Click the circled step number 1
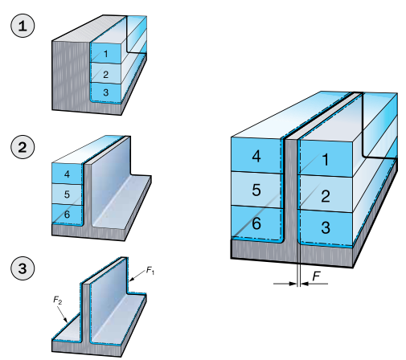[23, 26]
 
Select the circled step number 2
[23, 147]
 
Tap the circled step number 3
[23, 268]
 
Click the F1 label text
[150, 270]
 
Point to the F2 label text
[58, 300]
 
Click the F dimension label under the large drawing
[317, 276]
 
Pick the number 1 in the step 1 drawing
[106, 54]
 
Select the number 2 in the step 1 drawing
[105, 75]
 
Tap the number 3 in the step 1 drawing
[105, 92]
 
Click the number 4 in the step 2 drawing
[67, 174]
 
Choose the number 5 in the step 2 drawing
[67, 194]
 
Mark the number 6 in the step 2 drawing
[67, 214]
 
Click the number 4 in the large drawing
[256, 156]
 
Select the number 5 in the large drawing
[256, 190]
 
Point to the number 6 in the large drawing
[256, 223]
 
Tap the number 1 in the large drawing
[326, 160]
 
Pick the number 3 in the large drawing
[326, 227]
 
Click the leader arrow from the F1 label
[137, 276]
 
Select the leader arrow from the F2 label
[63, 313]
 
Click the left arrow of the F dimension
[285, 284]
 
